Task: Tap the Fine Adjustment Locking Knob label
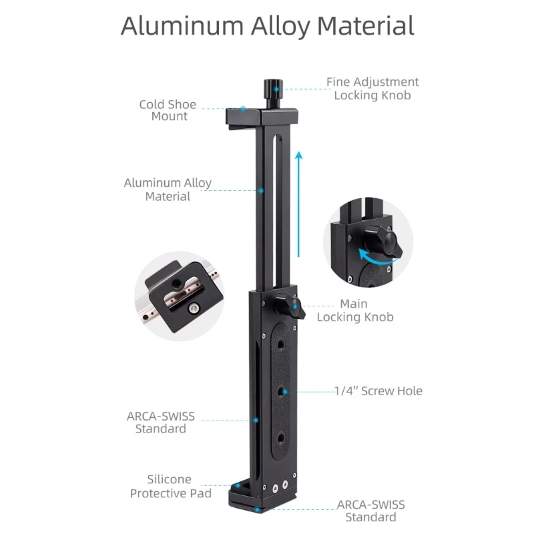click(x=372, y=88)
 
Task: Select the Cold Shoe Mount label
click(x=168, y=110)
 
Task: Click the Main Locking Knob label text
click(x=354, y=310)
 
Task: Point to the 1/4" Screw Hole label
click(x=378, y=391)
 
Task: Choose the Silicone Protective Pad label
click(x=170, y=487)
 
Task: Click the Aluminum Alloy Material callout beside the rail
click(x=168, y=190)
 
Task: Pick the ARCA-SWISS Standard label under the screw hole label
click(x=370, y=511)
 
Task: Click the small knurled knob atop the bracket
click(x=271, y=87)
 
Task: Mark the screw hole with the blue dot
click(x=284, y=392)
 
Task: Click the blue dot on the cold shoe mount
click(x=244, y=108)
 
